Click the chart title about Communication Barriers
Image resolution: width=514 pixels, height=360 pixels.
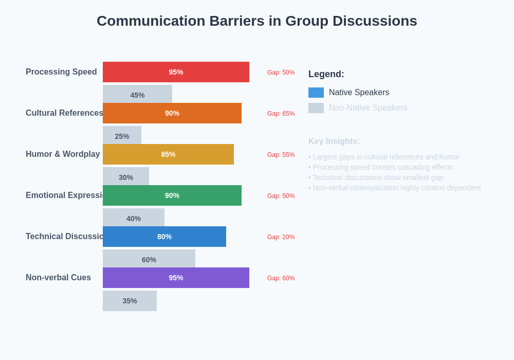(256, 21)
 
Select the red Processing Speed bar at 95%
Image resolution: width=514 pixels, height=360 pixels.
(176, 72)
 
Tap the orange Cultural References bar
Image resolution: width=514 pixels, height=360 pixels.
(172, 113)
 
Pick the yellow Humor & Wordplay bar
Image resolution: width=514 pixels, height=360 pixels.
(168, 154)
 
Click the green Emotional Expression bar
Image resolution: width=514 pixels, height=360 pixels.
(172, 195)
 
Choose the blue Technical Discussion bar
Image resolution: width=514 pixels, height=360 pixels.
(164, 237)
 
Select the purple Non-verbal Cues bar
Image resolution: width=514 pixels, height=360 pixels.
(176, 278)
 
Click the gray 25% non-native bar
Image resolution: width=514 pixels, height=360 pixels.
(122, 135)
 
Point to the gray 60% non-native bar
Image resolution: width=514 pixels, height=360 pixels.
(149, 259)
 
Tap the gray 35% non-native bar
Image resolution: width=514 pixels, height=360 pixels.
(130, 301)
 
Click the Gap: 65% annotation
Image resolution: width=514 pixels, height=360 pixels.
(281, 114)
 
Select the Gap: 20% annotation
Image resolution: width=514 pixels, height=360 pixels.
(281, 237)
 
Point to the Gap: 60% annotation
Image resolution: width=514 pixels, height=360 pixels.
(281, 278)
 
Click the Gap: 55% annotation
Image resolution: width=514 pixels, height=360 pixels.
(281, 155)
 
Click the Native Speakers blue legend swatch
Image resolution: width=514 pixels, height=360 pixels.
(316, 93)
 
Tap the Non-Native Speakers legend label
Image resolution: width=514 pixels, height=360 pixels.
(368, 108)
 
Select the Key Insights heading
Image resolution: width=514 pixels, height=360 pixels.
(334, 141)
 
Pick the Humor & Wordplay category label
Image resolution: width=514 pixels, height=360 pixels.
(63, 154)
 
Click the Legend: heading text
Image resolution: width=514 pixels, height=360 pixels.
(326, 74)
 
